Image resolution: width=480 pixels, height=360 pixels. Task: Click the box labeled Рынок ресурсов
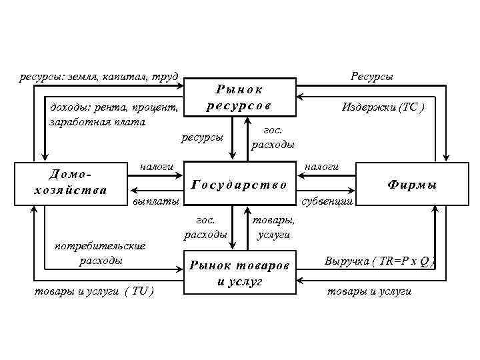coord(239,97)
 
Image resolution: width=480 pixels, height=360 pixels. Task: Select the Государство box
coord(239,184)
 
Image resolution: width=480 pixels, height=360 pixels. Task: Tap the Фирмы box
coord(412,184)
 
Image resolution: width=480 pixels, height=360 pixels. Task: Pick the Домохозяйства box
coord(69,182)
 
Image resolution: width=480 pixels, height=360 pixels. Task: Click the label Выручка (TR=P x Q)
coord(380,261)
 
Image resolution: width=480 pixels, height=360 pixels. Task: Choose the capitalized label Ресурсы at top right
coord(372,77)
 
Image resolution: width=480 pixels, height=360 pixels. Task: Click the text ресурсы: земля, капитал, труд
coord(99,77)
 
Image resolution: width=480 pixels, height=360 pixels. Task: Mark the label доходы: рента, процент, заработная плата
coord(113,114)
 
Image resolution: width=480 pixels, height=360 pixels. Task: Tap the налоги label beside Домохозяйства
coord(156,166)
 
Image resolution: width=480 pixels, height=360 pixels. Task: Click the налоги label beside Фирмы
coord(321,166)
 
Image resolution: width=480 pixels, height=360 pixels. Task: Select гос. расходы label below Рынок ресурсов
coord(273,138)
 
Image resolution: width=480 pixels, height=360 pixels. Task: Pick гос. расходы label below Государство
coord(205,227)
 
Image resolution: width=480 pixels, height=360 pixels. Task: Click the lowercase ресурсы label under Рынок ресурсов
coord(202,138)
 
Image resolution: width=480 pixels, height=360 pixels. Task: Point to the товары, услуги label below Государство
coord(273,227)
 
